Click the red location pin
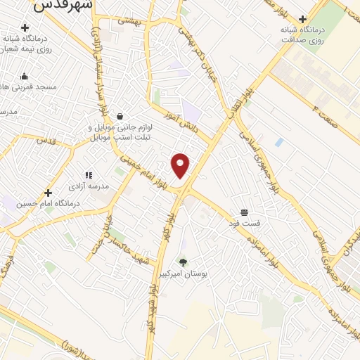pyautogui.click(x=181, y=165)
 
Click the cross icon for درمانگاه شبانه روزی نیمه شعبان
pyautogui.click(x=25, y=28)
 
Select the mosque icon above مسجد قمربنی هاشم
pyautogui.click(x=25, y=77)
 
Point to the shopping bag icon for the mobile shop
pyautogui.click(x=120, y=116)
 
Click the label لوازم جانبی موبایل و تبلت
pyautogui.click(x=120, y=133)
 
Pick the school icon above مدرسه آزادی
pyautogui.click(x=89, y=175)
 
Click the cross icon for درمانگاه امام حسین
pyautogui.click(x=48, y=193)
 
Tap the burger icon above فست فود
pyautogui.click(x=244, y=212)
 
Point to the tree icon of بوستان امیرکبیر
pyautogui.click(x=184, y=262)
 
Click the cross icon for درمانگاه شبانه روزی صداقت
pyautogui.click(x=303, y=19)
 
